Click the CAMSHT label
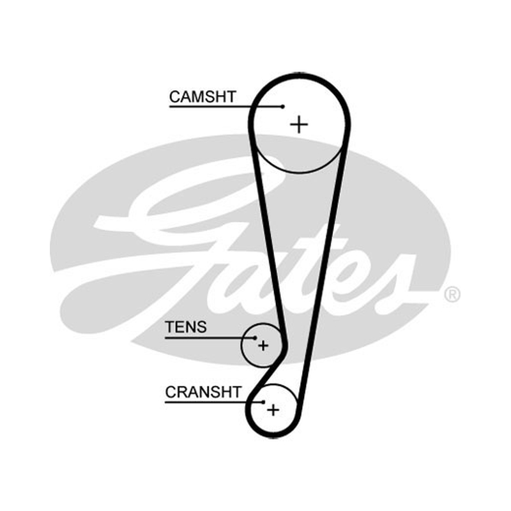click(x=202, y=96)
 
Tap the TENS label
click(x=186, y=327)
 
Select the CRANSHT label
click(x=203, y=392)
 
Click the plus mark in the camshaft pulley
click(x=299, y=124)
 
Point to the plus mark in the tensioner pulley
click(x=263, y=346)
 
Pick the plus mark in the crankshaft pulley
click(x=273, y=409)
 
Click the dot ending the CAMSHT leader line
click(x=283, y=107)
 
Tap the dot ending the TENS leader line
click(x=255, y=338)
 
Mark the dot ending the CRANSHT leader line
click(x=263, y=402)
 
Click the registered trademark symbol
click(x=452, y=294)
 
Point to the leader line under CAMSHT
click(x=225, y=107)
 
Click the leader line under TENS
click(x=210, y=338)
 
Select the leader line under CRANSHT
click(x=214, y=402)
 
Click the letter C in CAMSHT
click(x=174, y=97)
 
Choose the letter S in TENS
click(x=202, y=327)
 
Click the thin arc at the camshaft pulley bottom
click(x=299, y=172)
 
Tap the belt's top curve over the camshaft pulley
click(x=299, y=76)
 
